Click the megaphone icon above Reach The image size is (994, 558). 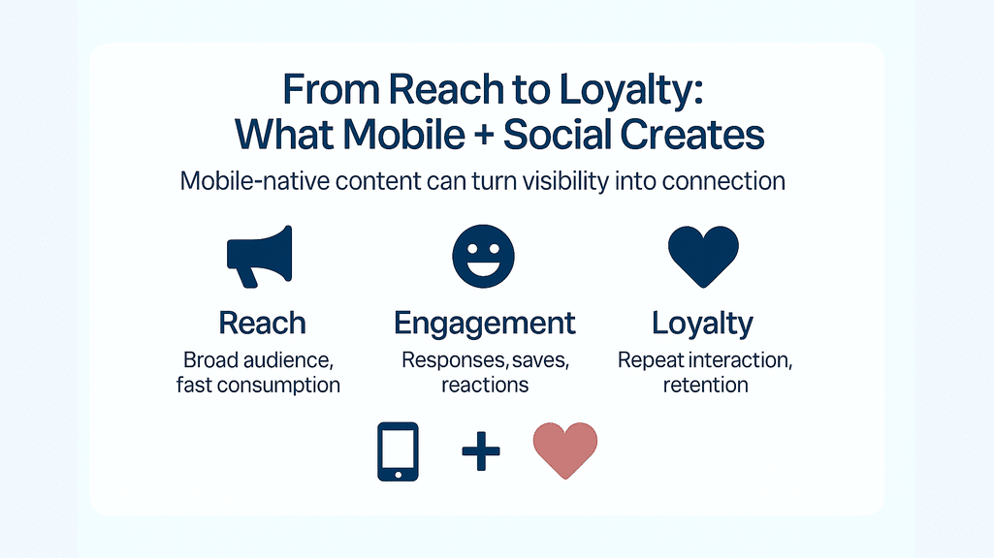[x=259, y=256]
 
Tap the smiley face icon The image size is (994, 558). [x=483, y=256]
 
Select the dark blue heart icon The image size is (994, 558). [x=704, y=256]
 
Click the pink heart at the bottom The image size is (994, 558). [x=564, y=450]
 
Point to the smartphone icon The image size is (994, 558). [x=399, y=451]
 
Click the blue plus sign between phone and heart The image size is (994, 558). [x=481, y=451]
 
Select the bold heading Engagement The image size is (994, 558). [x=484, y=324]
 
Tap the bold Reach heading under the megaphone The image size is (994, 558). [x=263, y=323]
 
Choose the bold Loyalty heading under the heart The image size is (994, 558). [x=702, y=324]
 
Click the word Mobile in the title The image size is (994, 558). [x=403, y=135]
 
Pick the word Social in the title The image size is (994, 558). [x=558, y=135]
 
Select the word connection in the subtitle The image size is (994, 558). [x=723, y=181]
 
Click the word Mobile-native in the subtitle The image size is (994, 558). [x=254, y=181]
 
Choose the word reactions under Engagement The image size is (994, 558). [x=485, y=386]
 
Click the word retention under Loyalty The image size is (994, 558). [x=706, y=386]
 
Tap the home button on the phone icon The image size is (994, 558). [x=399, y=473]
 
